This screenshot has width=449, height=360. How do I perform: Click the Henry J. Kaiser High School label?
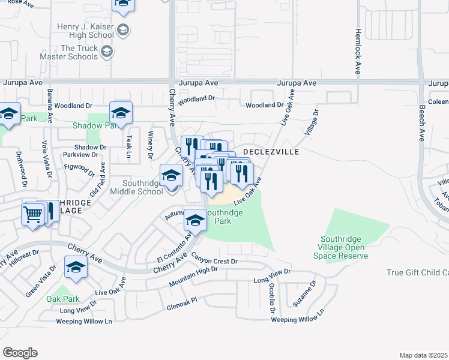click(86, 31)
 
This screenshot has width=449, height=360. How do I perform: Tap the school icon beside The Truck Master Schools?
click(107, 52)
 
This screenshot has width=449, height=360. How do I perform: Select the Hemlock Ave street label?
click(358, 43)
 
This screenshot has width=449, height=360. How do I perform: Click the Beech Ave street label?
click(422, 127)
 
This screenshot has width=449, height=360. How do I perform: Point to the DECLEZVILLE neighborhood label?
click(271, 152)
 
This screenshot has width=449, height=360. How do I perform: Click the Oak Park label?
click(63, 299)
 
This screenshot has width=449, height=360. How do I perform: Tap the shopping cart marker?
click(33, 214)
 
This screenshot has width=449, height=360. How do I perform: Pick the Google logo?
click(20, 353)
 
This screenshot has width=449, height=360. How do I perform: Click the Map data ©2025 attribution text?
click(423, 355)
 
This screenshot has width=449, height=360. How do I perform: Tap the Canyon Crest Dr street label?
click(215, 260)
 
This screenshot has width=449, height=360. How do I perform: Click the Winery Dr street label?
click(151, 145)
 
